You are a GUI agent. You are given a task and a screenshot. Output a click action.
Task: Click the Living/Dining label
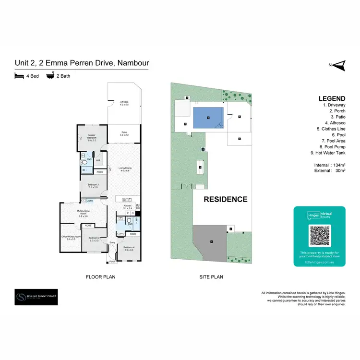(x=126, y=168)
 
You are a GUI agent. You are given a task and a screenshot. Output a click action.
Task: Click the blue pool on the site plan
(x=208, y=117)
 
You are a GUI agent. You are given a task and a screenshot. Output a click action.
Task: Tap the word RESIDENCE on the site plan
(x=226, y=199)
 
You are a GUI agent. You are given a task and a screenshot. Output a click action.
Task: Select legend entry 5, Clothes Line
(x=328, y=129)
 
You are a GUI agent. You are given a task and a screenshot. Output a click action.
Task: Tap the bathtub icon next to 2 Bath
(x=50, y=76)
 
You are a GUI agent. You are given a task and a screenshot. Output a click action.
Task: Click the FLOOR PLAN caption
(x=100, y=277)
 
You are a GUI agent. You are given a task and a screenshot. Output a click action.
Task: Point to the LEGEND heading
(x=331, y=98)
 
